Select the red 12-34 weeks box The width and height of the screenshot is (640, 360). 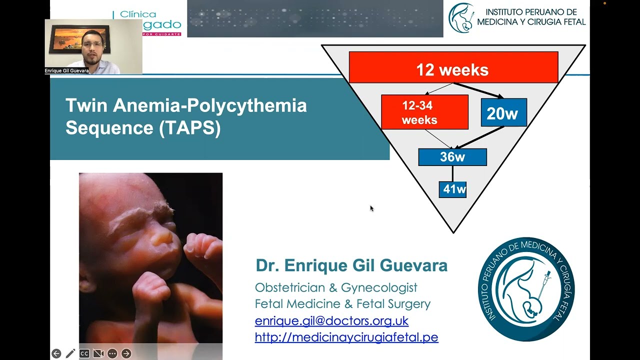pos(424,112)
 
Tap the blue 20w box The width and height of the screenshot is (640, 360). pos(503,112)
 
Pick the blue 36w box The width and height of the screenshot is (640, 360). pos(452,157)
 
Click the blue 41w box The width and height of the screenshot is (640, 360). pos(452,189)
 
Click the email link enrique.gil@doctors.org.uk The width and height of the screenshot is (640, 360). pos(331,320)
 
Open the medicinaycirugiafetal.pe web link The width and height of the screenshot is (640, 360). pos(346,337)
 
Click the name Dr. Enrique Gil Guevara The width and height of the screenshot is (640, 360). pos(351,265)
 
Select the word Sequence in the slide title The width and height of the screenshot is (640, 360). pos(109,128)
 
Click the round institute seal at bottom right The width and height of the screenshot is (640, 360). pos(526,289)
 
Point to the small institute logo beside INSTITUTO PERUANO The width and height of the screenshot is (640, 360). pos(460,17)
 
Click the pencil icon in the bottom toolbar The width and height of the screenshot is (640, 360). pos(70,353)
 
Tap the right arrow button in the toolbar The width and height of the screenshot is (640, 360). pos(126,353)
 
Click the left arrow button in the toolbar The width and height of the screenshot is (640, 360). pos(56,353)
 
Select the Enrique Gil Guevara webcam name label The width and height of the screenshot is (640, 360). pos(66,71)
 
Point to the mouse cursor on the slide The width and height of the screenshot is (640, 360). pos(371,208)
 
